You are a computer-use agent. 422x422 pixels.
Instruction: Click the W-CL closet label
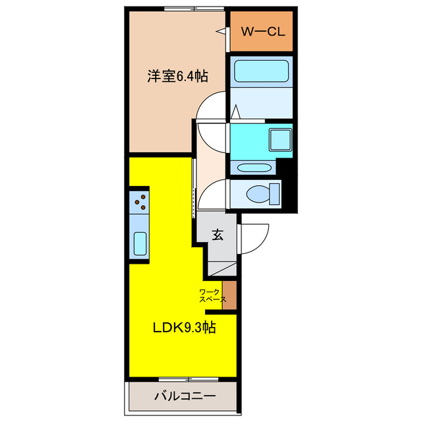click(x=262, y=31)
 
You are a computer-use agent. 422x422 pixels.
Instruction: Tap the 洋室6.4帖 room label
click(x=177, y=76)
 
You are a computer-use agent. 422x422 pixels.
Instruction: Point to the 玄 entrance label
click(x=217, y=234)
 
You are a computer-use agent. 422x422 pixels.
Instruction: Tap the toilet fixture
click(x=262, y=194)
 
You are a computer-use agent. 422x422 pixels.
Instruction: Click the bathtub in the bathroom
click(x=262, y=71)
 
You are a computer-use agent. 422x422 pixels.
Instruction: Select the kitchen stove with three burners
click(x=140, y=201)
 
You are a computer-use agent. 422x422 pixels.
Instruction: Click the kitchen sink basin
click(x=140, y=243)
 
